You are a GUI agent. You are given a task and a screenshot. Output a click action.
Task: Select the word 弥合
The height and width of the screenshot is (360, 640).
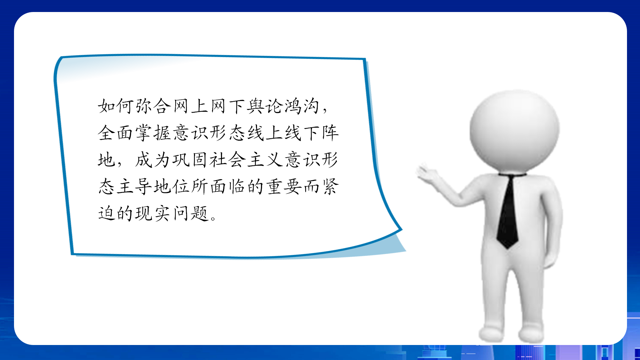(x=153, y=106)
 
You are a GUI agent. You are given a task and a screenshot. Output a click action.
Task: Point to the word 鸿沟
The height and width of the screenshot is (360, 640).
(x=302, y=106)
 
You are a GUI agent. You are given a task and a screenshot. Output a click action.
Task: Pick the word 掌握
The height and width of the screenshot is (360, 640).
(x=153, y=133)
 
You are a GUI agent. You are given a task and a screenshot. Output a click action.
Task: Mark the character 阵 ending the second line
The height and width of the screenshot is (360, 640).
(x=330, y=133)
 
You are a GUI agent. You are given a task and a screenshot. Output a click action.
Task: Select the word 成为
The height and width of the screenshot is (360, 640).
(x=153, y=160)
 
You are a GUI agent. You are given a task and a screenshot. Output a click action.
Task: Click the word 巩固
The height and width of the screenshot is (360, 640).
(x=190, y=160)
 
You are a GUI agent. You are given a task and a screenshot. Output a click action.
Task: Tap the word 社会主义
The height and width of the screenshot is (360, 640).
(x=246, y=160)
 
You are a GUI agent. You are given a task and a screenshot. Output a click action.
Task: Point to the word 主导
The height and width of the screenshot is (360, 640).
(x=134, y=186)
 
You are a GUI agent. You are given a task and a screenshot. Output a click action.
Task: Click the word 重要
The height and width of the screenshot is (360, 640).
(x=283, y=186)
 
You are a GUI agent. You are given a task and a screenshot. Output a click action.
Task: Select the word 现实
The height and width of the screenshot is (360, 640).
(x=153, y=213)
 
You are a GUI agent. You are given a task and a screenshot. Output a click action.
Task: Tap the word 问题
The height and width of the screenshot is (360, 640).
(x=190, y=213)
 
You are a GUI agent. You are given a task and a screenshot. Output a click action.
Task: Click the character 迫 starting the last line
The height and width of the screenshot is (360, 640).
(x=106, y=213)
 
